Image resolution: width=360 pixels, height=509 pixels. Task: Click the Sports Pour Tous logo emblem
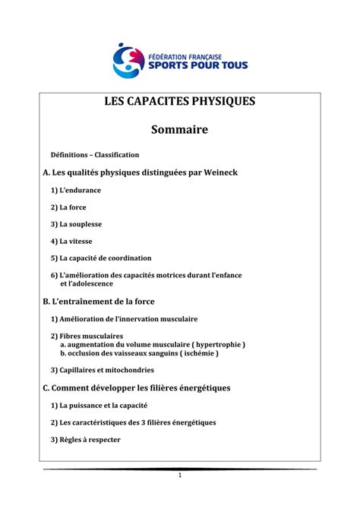pyautogui.click(x=128, y=59)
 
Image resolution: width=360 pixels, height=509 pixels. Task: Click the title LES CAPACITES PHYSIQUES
pyautogui.click(x=180, y=101)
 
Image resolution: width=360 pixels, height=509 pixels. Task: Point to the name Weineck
pyautogui.click(x=216, y=172)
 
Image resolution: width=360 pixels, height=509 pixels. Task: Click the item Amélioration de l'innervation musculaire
pyautogui.click(x=124, y=319)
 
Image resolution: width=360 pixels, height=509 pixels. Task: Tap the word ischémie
pyautogui.click(x=199, y=353)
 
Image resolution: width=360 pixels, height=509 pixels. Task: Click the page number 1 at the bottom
pyautogui.click(x=180, y=476)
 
